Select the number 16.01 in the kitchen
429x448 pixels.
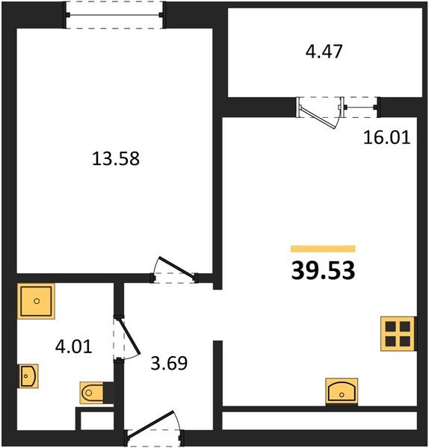click(x=386, y=138)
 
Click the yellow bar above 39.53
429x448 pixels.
click(x=322, y=249)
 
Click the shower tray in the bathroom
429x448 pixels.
click(x=34, y=301)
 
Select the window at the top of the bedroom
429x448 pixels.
click(x=114, y=14)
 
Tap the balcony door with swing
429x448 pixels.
click(x=318, y=113)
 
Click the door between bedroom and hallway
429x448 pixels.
click(x=174, y=271)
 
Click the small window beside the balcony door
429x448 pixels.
click(x=362, y=108)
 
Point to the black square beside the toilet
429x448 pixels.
click(x=108, y=393)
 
